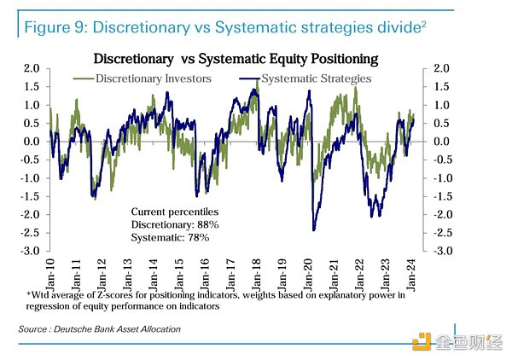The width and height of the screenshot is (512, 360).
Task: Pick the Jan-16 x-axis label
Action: [206, 271]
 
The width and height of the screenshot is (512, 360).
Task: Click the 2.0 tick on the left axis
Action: [32, 68]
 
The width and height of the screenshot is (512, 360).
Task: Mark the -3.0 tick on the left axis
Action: [31, 251]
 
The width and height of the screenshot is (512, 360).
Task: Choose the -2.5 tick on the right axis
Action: [444, 233]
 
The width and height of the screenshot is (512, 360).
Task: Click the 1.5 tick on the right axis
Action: [441, 86]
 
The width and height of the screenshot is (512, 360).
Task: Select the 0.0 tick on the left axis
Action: [32, 142]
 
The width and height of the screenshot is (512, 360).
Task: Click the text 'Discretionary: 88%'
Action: [175, 224]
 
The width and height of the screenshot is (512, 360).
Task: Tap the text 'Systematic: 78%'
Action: [170, 238]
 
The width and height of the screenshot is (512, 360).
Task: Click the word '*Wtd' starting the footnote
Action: [38, 294]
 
